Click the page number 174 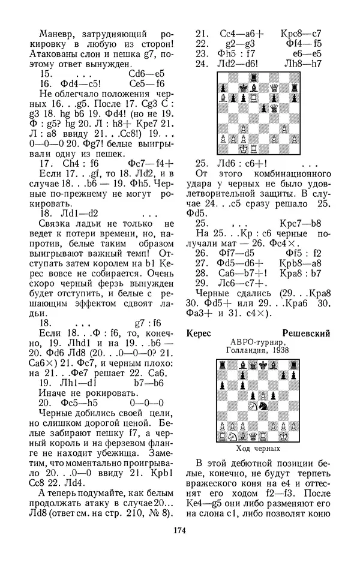tap(180, 530)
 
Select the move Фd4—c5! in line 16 tap(64, 83)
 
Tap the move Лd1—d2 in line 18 tap(64, 212)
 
